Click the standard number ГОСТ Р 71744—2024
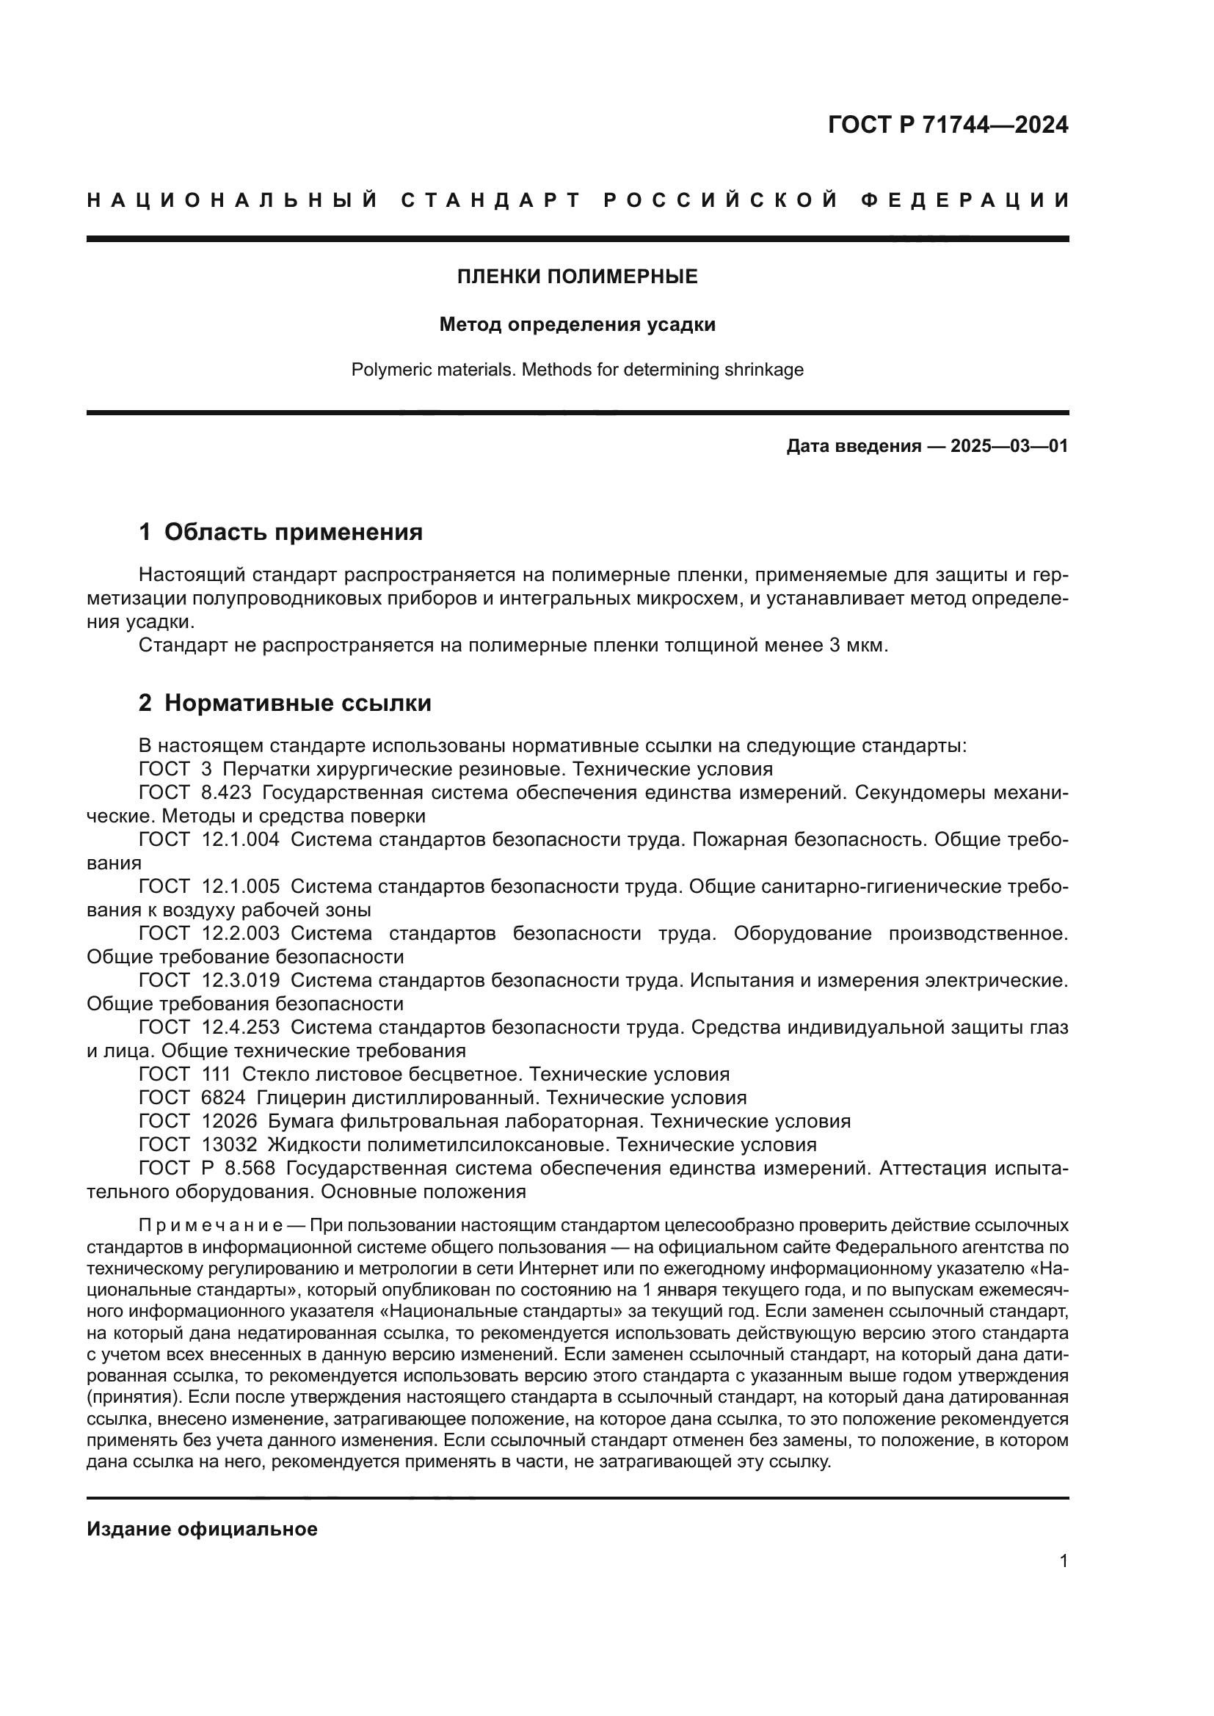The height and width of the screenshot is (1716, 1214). pyautogui.click(x=948, y=125)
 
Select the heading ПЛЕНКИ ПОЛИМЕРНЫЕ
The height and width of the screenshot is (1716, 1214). pyautogui.click(x=577, y=277)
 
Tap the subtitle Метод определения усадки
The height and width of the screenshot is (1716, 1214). pyautogui.click(x=577, y=324)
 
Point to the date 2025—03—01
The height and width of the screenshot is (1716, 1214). pyautogui.click(x=1009, y=447)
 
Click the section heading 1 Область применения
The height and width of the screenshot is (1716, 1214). pyautogui.click(x=280, y=532)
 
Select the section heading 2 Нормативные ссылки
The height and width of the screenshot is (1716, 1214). pyautogui.click(x=285, y=704)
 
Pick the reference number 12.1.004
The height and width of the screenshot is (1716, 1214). pyautogui.click(x=241, y=839)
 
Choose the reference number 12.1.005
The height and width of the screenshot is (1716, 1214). pyautogui.click(x=241, y=886)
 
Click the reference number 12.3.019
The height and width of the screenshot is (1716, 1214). pyautogui.click(x=241, y=981)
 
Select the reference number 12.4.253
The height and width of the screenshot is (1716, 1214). pyautogui.click(x=241, y=1028)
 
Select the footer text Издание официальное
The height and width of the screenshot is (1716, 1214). pyautogui.click(x=202, y=1529)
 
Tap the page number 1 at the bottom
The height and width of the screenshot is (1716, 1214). pyautogui.click(x=1064, y=1561)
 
